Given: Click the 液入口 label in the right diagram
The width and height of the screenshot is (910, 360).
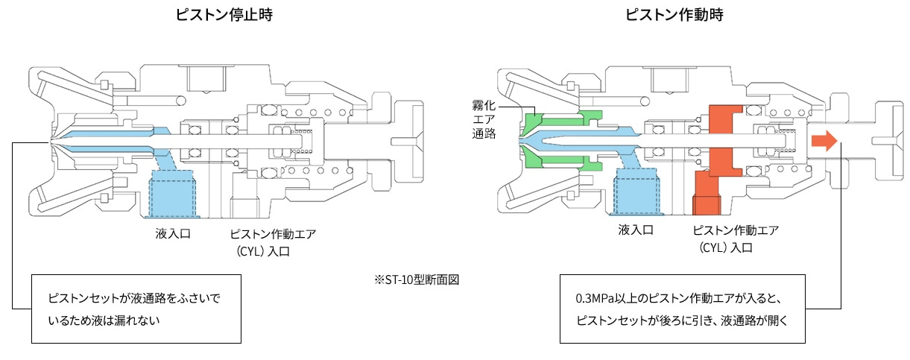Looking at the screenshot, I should [636, 230].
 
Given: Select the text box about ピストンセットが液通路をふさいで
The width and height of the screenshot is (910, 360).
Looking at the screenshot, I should [136, 309].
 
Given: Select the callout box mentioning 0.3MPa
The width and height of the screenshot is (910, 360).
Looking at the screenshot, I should [682, 309].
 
